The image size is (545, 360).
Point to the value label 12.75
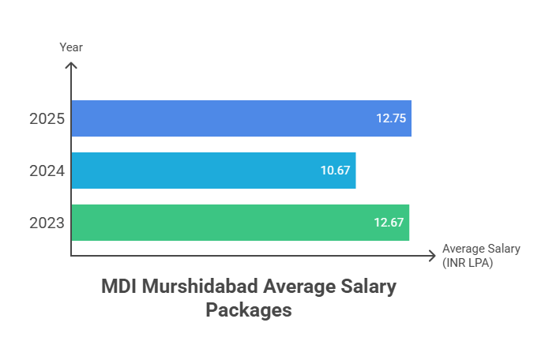(x=390, y=118)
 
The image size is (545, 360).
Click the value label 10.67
(x=335, y=171)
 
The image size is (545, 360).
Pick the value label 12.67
(x=389, y=223)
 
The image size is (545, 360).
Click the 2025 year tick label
(x=47, y=120)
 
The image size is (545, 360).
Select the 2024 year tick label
(x=47, y=171)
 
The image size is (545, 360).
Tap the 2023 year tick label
(x=47, y=223)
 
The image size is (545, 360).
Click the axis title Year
(x=71, y=47)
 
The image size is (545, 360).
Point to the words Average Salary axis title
(x=481, y=249)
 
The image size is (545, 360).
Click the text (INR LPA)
(x=468, y=263)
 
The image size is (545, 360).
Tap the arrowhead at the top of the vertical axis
(x=71, y=66)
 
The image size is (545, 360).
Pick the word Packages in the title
(x=249, y=310)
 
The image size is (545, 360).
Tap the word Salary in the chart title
(x=367, y=287)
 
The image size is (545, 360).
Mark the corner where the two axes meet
(x=71, y=256)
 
